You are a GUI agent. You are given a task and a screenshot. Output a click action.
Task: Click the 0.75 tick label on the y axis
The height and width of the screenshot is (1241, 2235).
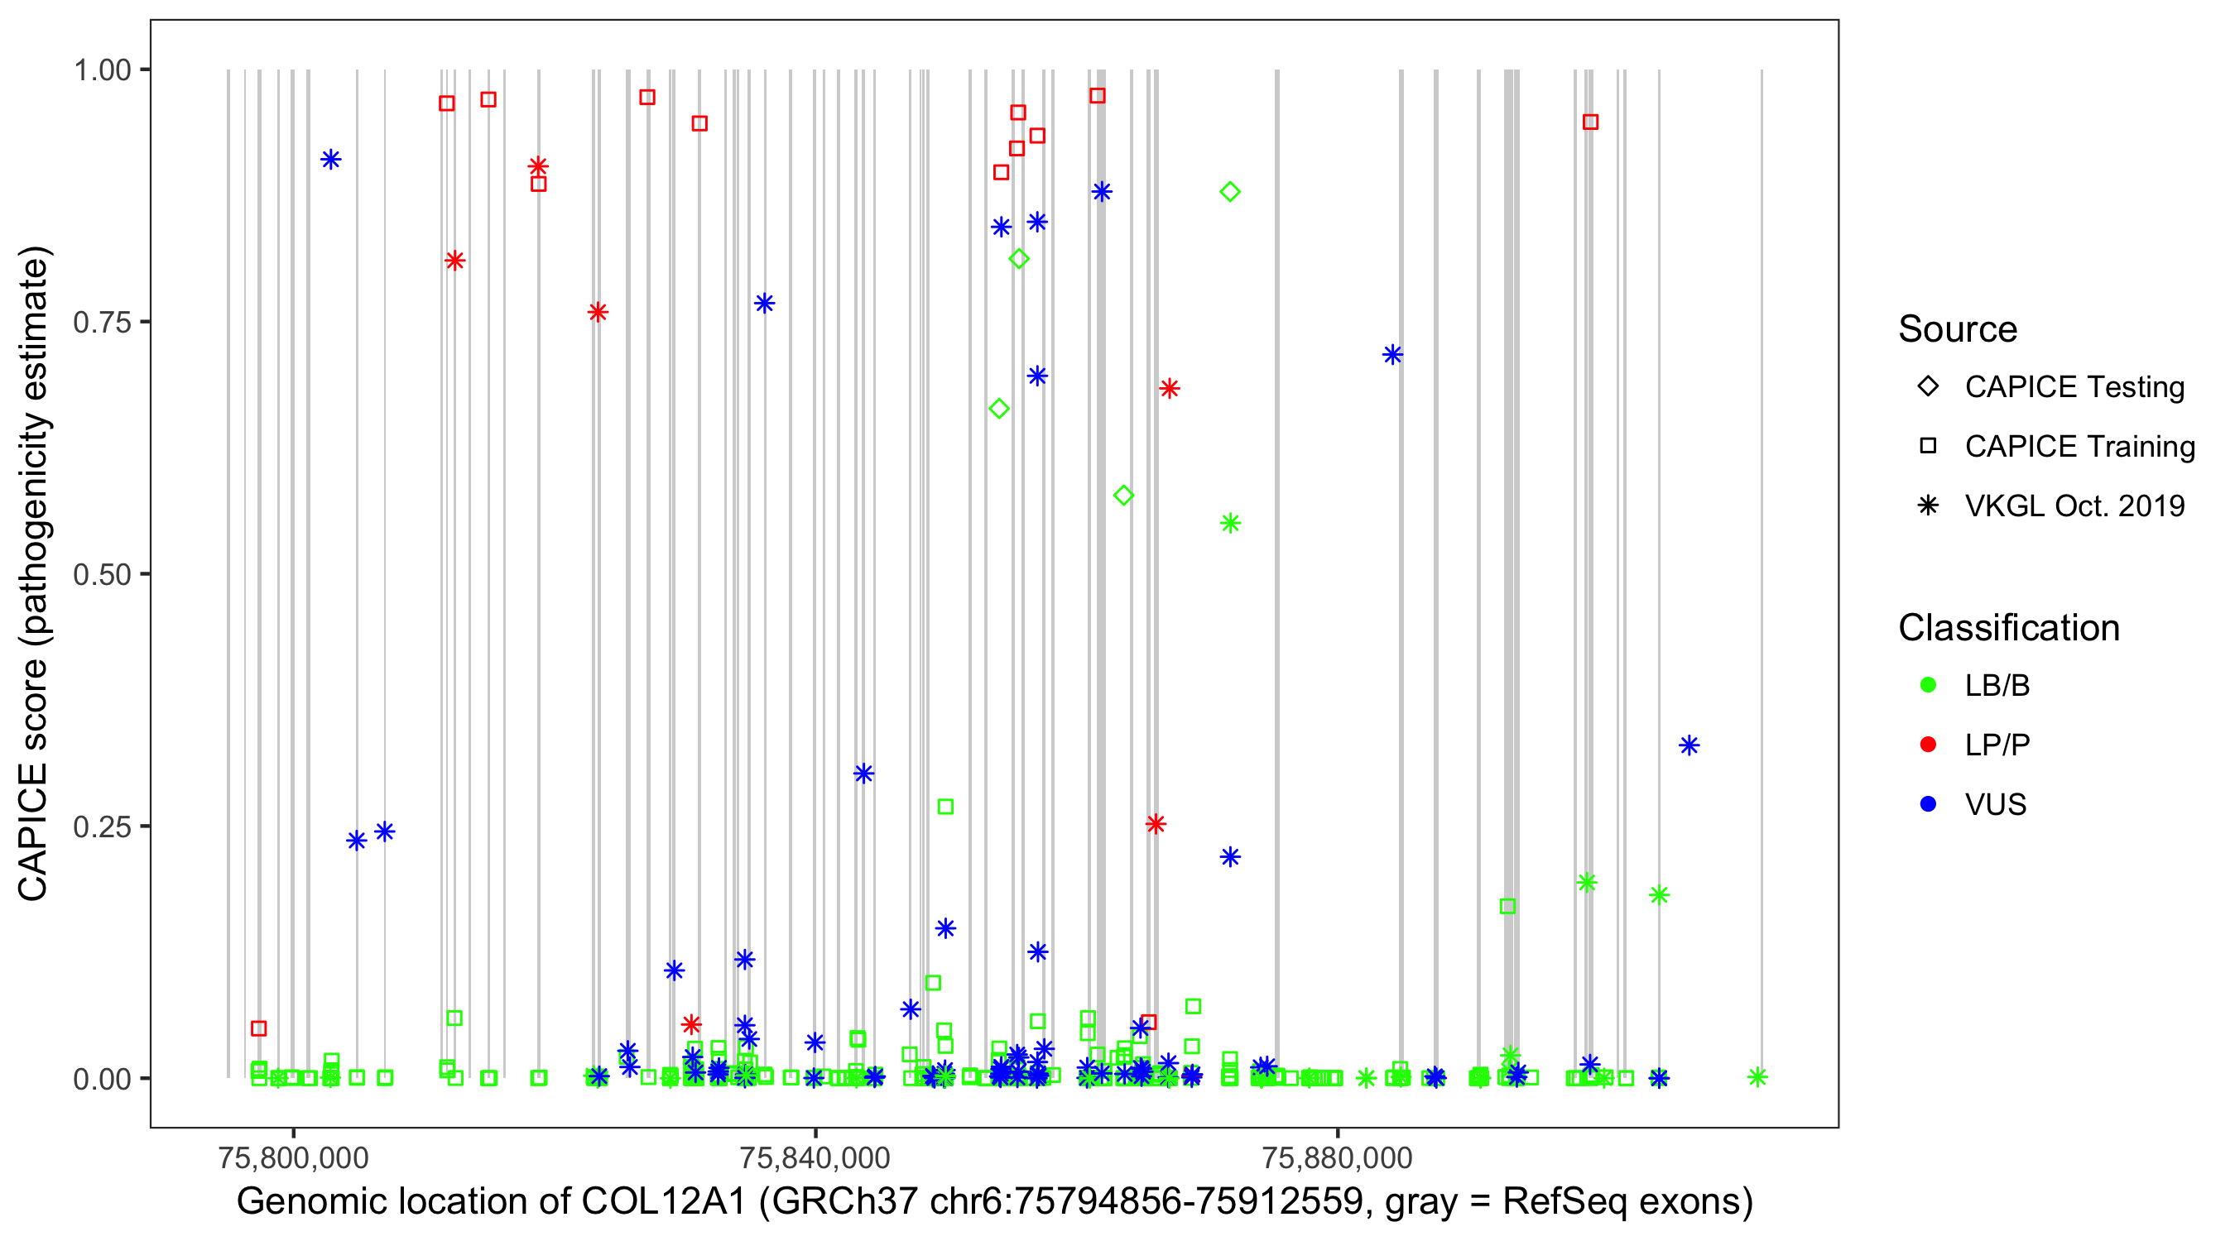pos(101,323)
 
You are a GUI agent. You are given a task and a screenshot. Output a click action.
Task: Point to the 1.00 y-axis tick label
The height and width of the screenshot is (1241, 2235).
pos(101,70)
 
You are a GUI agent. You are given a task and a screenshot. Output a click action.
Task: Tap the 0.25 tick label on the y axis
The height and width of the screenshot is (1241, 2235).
pos(101,827)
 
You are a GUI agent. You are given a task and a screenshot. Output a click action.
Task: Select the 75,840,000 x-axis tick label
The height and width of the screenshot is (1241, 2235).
pos(815,1157)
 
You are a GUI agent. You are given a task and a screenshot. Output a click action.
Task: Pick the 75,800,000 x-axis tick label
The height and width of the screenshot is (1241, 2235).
pos(293,1157)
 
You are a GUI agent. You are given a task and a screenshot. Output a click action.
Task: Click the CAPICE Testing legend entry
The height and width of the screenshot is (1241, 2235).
pos(2074,387)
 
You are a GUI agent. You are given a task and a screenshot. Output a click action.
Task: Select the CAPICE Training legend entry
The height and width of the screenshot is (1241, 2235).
pos(2079,447)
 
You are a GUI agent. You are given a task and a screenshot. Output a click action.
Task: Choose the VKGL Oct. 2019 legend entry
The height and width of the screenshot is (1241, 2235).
pos(2074,506)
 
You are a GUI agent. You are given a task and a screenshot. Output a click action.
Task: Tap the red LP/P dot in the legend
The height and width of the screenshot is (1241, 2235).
pos(1928,745)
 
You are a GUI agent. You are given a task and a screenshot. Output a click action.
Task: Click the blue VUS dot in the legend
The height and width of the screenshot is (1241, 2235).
pos(1928,804)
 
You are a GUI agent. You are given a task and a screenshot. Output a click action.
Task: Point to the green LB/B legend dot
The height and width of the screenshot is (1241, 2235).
pos(1928,685)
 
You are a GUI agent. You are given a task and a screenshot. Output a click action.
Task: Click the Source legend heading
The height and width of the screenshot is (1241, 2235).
pos(1957,329)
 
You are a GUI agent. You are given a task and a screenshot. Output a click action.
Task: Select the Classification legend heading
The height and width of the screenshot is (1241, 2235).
pos(2007,628)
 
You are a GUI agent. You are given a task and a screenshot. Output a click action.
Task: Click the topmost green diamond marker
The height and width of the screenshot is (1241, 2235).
pos(1229,192)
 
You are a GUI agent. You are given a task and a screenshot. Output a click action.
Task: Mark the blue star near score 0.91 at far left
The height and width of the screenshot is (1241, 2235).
pos(330,160)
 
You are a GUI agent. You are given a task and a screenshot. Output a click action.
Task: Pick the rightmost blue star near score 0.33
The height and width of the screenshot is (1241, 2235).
pos(1689,745)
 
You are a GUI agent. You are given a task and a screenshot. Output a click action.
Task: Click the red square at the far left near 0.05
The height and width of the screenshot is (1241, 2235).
pos(258,1028)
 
